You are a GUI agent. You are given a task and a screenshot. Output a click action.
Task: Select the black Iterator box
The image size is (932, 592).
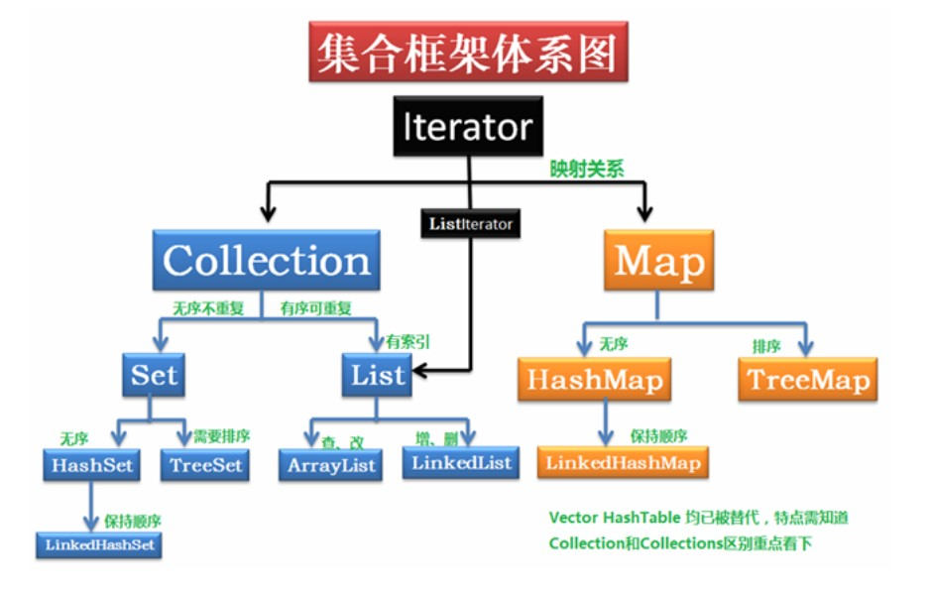(x=468, y=127)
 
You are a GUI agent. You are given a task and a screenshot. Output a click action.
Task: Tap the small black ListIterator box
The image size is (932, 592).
(x=471, y=224)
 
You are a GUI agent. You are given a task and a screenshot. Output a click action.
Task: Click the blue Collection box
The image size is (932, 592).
(x=267, y=260)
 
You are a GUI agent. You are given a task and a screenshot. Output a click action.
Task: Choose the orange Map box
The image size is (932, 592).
(x=659, y=260)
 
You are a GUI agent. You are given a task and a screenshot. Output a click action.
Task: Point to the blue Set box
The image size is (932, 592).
(x=154, y=375)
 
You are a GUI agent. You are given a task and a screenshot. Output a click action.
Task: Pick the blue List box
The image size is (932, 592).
(x=378, y=375)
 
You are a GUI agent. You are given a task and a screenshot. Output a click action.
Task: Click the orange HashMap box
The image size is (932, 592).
(x=594, y=379)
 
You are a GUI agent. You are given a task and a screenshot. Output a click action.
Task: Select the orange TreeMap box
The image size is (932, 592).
(x=808, y=379)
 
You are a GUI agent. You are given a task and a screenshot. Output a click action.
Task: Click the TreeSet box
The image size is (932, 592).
(x=205, y=464)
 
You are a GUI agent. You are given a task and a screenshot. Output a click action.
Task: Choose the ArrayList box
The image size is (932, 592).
(x=332, y=465)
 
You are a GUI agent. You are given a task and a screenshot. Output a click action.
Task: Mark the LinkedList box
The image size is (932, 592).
(x=460, y=462)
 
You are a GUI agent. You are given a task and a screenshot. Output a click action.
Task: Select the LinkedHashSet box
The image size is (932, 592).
(x=100, y=543)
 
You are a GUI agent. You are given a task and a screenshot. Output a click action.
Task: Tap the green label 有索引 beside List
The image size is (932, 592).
(x=409, y=341)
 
